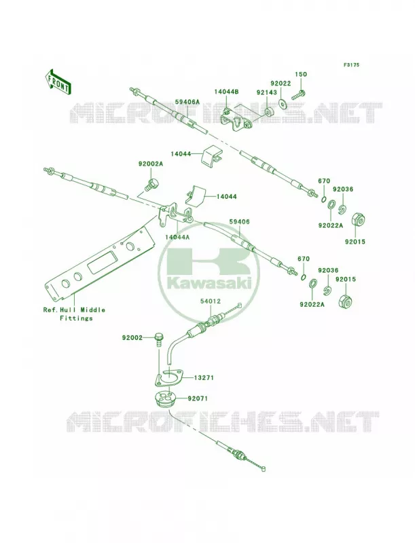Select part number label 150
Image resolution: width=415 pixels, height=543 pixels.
click(x=301, y=74)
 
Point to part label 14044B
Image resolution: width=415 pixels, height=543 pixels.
click(x=227, y=92)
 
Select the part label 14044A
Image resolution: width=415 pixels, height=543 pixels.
click(x=177, y=237)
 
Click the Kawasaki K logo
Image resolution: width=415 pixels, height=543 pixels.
click(x=209, y=263)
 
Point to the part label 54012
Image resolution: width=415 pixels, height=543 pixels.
click(x=211, y=301)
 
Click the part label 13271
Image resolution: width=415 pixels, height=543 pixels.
click(x=203, y=378)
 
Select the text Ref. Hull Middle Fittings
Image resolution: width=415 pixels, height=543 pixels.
click(x=74, y=314)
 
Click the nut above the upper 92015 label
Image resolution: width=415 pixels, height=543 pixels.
click(x=359, y=220)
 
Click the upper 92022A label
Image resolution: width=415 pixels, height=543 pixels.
click(x=331, y=225)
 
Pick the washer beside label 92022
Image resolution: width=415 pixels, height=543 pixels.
click(x=283, y=103)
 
